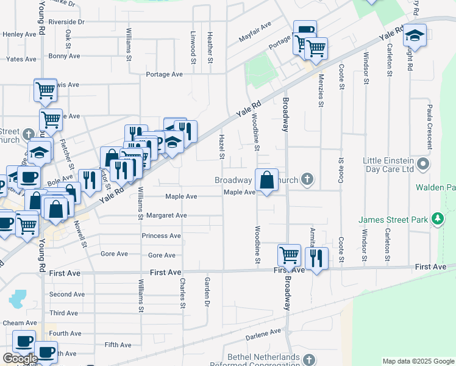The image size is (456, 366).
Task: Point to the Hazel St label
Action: tap(222, 147)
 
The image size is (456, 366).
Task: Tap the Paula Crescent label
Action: tap(430, 126)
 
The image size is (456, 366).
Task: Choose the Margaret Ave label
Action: tap(166, 215)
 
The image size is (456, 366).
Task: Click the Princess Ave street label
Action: tap(161, 235)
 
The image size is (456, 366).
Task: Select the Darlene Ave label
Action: tap(263, 335)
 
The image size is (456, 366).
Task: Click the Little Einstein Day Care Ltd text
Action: tap(389, 165)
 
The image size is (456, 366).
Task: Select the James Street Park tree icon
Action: tap(436, 218)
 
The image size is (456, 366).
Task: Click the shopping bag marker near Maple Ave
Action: tap(266, 181)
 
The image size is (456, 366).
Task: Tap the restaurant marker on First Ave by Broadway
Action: tap(316, 258)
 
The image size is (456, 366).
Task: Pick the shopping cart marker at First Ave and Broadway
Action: tap(289, 254)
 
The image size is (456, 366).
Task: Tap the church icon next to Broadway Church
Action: tap(308, 179)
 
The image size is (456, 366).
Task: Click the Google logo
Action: tap(20, 359)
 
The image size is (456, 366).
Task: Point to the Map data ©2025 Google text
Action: tap(418, 361)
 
